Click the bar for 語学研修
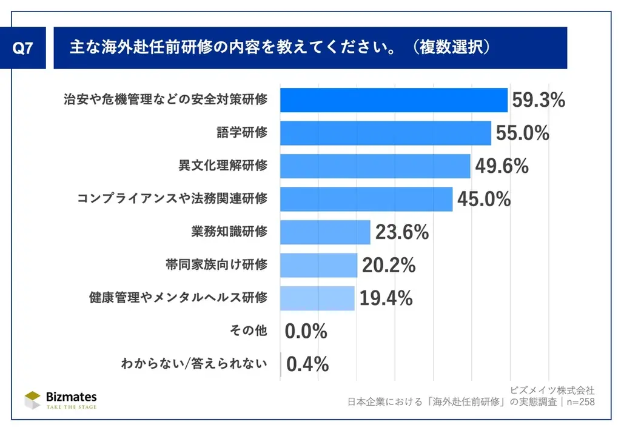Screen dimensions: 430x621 tap(385, 133)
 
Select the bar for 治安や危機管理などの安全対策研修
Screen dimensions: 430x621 tap(394, 100)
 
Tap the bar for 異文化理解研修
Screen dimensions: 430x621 tap(375, 166)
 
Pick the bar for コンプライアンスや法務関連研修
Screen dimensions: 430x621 tap(366, 199)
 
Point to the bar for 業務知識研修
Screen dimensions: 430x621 tap(325, 232)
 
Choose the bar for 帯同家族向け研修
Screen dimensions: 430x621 tap(318, 265)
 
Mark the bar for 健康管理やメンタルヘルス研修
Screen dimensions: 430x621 tap(317, 298)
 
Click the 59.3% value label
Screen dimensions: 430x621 tap(539, 100)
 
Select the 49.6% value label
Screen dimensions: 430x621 tap(502, 166)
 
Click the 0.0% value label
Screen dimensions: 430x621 tap(306, 331)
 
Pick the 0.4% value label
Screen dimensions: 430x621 tap(307, 364)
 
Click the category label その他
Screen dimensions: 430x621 tap(249, 331)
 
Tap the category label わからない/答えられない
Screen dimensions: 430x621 tap(194, 364)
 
